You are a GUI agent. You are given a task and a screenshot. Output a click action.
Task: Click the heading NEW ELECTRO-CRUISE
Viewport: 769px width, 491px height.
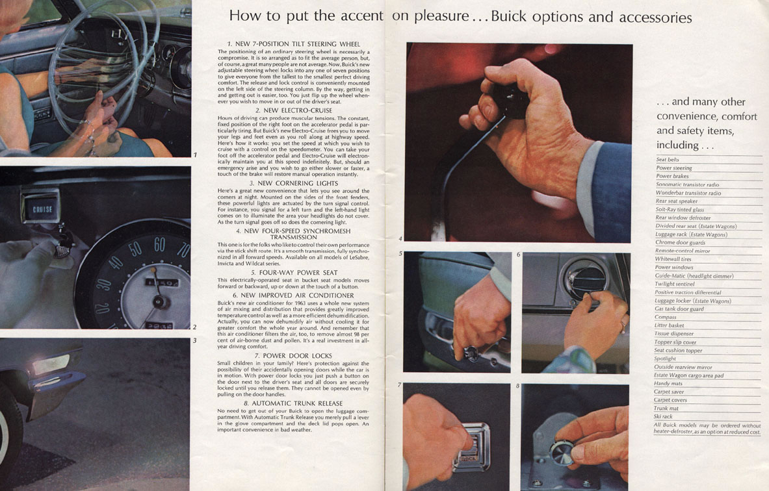point(294,110)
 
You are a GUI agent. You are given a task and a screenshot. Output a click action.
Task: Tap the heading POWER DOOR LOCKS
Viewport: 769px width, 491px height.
point(293,356)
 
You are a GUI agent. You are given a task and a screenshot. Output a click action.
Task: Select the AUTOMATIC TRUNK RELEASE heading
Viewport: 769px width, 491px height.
point(293,403)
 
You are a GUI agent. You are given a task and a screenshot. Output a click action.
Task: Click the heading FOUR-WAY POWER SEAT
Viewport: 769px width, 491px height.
point(294,272)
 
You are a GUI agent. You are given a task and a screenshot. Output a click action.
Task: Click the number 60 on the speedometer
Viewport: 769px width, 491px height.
point(159,244)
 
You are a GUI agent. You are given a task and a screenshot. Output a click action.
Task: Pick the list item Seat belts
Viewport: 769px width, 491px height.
point(668,160)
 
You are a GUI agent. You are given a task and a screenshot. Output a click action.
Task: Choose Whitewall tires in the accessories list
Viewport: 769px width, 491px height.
point(673,258)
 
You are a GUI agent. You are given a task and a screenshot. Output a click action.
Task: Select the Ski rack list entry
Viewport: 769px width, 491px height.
point(663,416)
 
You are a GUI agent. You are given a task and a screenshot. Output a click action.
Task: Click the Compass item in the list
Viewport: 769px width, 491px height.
point(665,317)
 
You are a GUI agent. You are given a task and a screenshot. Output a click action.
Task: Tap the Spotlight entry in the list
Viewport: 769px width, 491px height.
point(664,359)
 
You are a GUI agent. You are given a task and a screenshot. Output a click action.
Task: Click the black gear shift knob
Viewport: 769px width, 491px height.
point(510,101)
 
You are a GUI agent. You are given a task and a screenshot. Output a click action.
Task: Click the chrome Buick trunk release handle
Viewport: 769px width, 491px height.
point(471,447)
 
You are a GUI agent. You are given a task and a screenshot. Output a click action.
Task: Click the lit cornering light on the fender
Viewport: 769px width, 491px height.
point(51,364)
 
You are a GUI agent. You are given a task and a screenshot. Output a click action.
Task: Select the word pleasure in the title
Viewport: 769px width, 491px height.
point(441,17)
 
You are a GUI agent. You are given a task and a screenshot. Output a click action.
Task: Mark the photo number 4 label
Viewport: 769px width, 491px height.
point(400,238)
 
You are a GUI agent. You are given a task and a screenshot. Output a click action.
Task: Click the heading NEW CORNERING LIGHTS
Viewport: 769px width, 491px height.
point(294,183)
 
